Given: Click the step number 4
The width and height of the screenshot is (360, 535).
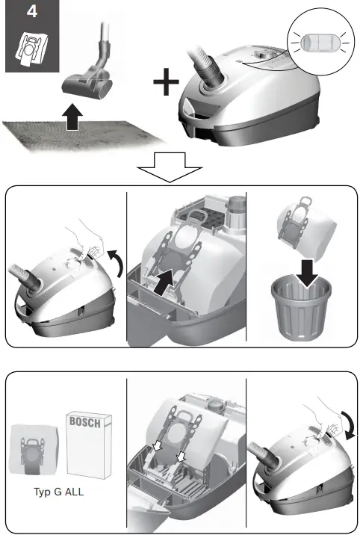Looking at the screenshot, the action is [x=31, y=12].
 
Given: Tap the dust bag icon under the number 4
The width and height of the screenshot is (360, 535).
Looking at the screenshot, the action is [x=31, y=49].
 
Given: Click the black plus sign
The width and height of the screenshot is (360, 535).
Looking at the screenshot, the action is [x=166, y=82].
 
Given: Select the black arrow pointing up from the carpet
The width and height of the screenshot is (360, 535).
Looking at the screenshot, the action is [x=72, y=117].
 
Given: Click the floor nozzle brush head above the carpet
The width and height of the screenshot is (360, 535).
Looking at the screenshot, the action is [x=87, y=85].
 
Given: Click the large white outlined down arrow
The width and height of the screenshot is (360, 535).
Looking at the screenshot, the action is [x=170, y=167].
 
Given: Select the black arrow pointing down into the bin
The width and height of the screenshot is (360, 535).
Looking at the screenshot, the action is [x=309, y=273].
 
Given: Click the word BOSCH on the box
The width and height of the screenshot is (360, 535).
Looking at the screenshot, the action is [x=85, y=422].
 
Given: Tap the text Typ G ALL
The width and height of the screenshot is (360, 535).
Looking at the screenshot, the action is [x=59, y=492].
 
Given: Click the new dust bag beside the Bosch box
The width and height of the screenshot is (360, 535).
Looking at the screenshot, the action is [x=34, y=449].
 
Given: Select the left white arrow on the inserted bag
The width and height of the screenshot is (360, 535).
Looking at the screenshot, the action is [x=157, y=445].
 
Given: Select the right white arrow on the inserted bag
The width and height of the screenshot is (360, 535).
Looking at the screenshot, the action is [x=181, y=456].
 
